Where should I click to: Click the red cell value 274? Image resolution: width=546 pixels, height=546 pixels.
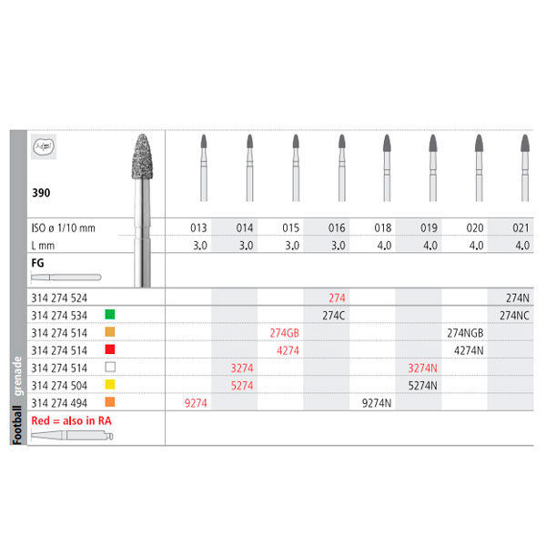(338, 298)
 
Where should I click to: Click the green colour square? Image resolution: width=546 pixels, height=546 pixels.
(108, 315)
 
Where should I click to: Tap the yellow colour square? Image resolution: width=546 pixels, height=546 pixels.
(108, 384)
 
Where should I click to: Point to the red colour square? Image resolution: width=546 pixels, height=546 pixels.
(108, 349)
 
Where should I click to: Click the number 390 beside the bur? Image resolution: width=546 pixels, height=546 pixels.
(40, 194)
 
